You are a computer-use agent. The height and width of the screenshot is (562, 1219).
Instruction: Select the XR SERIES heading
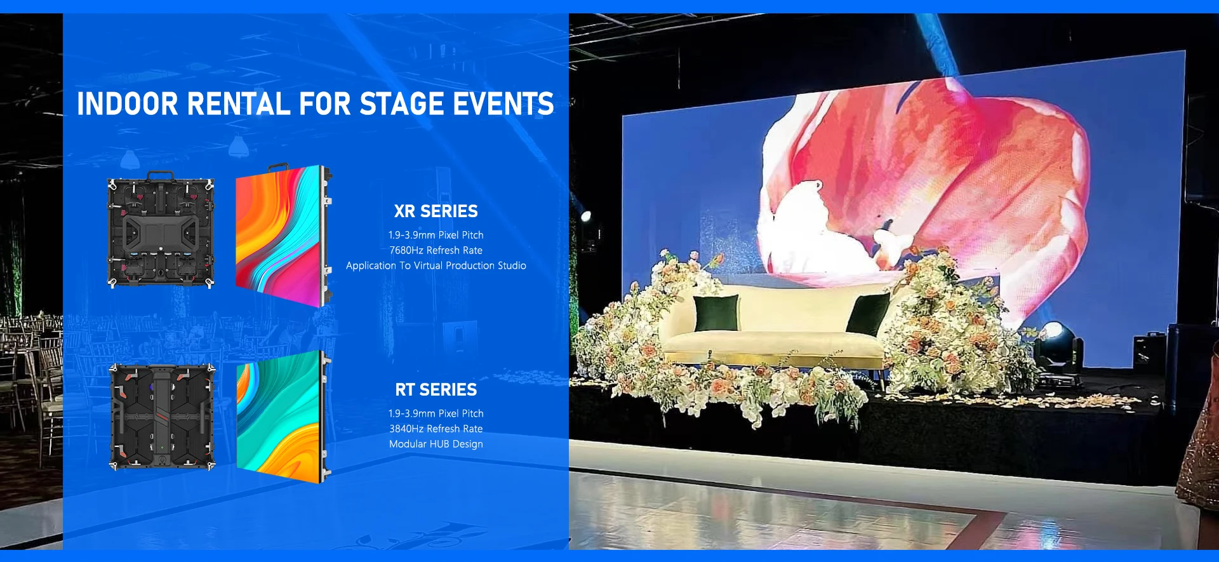(436, 211)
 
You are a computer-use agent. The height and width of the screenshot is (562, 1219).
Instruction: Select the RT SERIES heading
(436, 390)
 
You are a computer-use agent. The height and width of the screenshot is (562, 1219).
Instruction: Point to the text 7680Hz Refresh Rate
(436, 250)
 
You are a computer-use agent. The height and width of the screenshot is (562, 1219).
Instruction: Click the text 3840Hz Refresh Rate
(436, 429)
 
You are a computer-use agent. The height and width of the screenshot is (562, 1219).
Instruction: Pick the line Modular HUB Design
(436, 444)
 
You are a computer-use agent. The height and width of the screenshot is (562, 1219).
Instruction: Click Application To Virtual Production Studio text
(436, 265)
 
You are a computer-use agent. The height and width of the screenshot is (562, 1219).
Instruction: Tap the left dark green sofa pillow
(716, 313)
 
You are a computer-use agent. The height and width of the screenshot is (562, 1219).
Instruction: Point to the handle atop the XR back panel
(161, 175)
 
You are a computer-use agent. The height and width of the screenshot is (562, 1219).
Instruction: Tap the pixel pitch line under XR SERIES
(436, 235)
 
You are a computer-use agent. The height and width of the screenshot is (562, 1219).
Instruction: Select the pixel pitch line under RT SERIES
(436, 413)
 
